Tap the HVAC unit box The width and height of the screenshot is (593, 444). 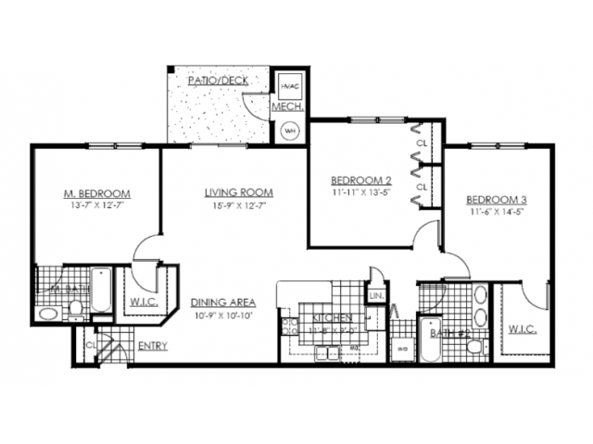[289, 86]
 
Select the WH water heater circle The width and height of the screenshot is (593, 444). [289, 129]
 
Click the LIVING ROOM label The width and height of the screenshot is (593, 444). [239, 192]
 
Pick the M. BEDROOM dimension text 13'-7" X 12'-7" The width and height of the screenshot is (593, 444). [96, 206]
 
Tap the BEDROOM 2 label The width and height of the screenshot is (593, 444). [361, 179]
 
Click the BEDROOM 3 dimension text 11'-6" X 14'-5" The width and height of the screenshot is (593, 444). [497, 213]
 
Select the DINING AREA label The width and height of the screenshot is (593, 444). [223, 302]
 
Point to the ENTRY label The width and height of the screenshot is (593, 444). [152, 347]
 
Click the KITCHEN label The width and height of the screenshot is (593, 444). [332, 317]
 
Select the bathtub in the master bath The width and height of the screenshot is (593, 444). [101, 290]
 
